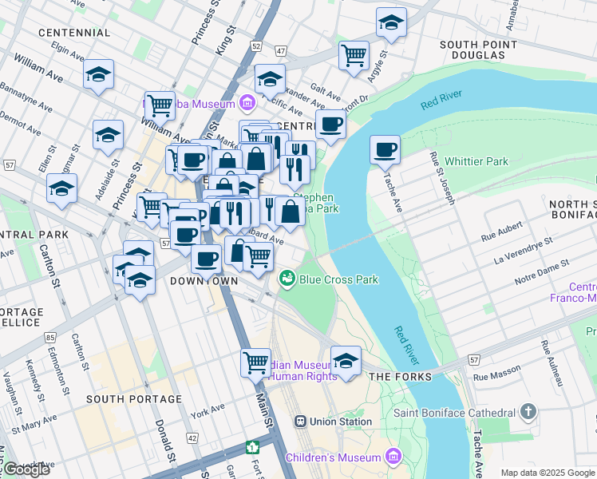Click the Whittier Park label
(476, 161)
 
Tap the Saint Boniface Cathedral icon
(528, 413)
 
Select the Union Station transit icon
(301, 422)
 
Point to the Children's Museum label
(334, 457)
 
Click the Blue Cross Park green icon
(287, 279)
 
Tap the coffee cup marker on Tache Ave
(385, 149)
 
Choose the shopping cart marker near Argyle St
(354, 56)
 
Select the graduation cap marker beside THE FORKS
(346, 362)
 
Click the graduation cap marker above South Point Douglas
(391, 23)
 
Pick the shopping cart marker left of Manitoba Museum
(160, 104)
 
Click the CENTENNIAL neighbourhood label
(73, 32)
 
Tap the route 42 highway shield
(192, 437)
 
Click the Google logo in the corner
(26, 469)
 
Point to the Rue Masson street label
(492, 377)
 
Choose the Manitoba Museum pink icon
(247, 103)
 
